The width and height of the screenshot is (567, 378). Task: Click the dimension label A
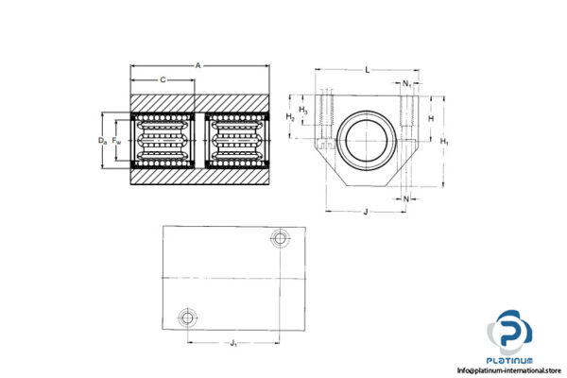click(198, 66)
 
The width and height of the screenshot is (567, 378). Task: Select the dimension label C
click(163, 80)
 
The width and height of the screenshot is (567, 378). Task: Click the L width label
click(367, 71)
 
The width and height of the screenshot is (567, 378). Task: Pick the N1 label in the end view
click(406, 84)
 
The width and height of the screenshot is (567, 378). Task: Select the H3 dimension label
click(302, 111)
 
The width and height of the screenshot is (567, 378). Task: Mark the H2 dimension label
click(291, 117)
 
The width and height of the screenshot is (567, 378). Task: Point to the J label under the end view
click(365, 212)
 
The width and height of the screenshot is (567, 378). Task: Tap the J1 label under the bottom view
click(232, 342)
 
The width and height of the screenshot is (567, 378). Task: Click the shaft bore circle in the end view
click(365, 140)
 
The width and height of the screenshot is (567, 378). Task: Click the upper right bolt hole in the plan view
click(279, 236)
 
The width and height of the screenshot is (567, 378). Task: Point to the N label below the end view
click(405, 199)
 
